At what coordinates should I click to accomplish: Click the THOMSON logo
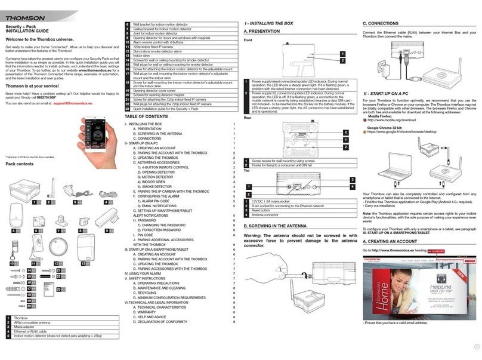24,10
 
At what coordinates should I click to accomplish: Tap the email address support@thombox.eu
81,103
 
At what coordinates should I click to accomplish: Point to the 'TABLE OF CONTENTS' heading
144,118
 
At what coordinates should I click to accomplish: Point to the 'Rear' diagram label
248,119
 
